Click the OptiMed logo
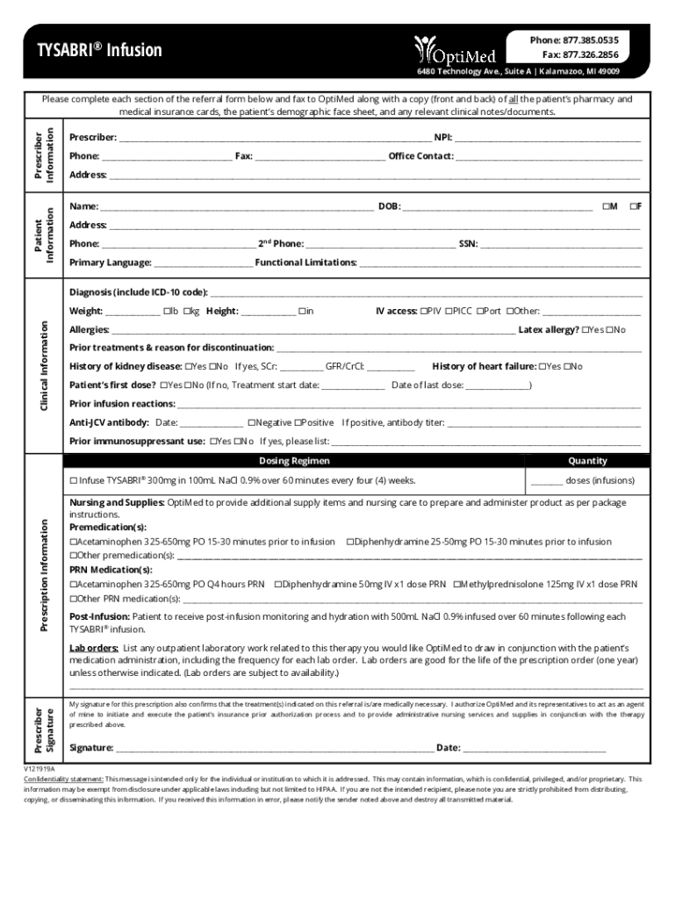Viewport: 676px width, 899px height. pyautogui.click(x=455, y=50)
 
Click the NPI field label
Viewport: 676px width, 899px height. pyautogui.click(x=443, y=138)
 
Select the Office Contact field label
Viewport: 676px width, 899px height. pyautogui.click(x=421, y=156)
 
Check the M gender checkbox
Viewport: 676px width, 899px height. pyautogui.click(x=606, y=206)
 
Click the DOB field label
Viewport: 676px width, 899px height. pyautogui.click(x=389, y=206)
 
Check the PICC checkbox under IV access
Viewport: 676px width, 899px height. pyautogui.click(x=448, y=311)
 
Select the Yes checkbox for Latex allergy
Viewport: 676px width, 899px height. pyautogui.click(x=586, y=330)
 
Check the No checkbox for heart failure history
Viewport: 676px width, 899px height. pyautogui.click(x=567, y=366)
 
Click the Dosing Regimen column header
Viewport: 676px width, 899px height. pyautogui.click(x=294, y=461)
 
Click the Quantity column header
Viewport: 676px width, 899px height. pyautogui.click(x=587, y=461)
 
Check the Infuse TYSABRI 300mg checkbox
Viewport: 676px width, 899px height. pyautogui.click(x=74, y=481)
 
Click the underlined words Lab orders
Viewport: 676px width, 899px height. pyautogui.click(x=94, y=648)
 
